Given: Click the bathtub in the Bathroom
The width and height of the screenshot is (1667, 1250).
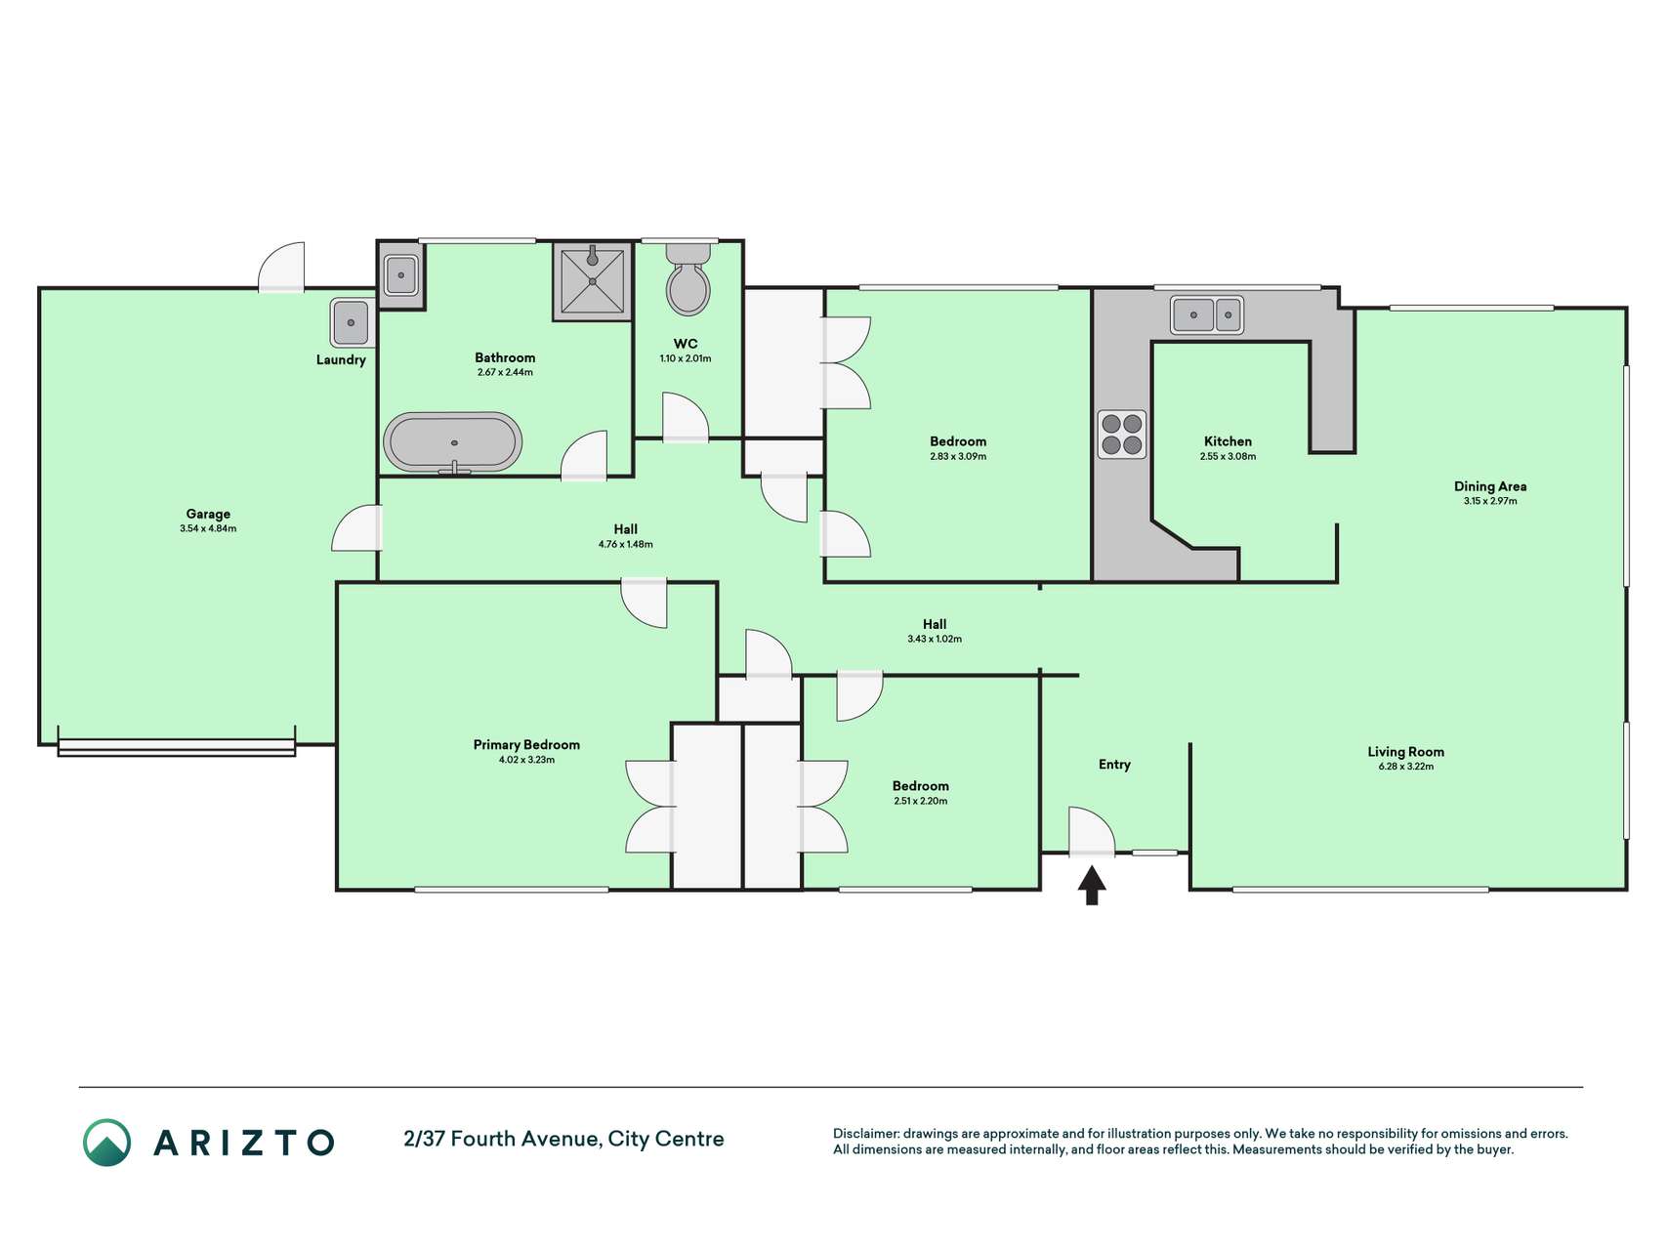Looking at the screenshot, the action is coord(452,442).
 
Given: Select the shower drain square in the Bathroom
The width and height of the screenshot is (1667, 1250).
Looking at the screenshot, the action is coord(593,281).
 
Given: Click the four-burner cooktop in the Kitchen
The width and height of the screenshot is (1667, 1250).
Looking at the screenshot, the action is coord(1121,435).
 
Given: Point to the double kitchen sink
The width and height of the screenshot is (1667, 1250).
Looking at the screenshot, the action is coord(1207,314).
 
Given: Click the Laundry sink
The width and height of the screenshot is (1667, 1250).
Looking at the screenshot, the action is coord(352,322).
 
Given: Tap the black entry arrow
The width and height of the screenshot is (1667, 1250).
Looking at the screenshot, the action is coord(1092,886).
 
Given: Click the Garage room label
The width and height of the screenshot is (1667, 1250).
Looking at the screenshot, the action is coord(208,514).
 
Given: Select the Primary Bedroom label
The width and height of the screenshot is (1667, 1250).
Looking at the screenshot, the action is coord(526,744).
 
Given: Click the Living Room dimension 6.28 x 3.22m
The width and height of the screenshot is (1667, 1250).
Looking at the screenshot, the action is coord(1406,767).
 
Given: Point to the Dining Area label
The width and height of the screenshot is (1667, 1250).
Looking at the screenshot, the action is coord(1490,486).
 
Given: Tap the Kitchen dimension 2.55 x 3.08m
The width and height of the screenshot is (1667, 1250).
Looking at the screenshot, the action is coord(1228,456).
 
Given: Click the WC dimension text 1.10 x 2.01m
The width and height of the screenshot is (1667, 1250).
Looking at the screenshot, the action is coord(686,358).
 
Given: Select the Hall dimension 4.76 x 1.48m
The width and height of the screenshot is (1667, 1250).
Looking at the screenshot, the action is coord(626,544).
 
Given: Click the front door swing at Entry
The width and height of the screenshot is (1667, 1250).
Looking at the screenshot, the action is coord(1091,832).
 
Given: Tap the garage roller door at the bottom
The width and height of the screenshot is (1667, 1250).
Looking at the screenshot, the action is coord(177,747).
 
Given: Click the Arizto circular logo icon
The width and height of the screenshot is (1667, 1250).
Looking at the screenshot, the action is coord(106,1143).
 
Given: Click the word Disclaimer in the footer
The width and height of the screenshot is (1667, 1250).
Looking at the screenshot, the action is coord(865,1134).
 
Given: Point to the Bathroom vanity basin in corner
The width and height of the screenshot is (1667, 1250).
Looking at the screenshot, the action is coord(400,275).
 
